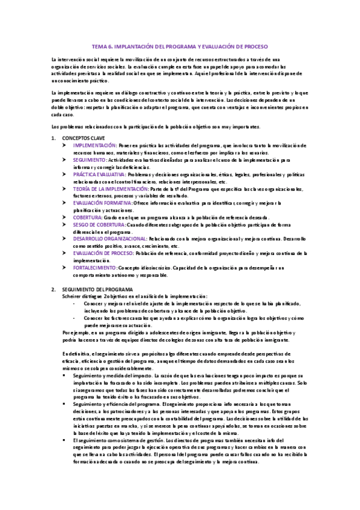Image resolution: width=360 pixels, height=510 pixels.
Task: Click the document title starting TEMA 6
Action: pyautogui.click(x=180, y=46)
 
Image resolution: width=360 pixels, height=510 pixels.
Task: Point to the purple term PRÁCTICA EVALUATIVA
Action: pyautogui.click(x=100, y=174)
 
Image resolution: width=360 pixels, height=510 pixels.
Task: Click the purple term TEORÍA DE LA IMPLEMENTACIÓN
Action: pyautogui.click(x=113, y=188)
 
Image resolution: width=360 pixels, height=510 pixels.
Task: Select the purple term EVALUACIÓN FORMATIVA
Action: pyautogui.click(x=103, y=203)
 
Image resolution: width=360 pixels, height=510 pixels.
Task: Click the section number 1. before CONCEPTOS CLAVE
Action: pyautogui.click(x=53, y=138)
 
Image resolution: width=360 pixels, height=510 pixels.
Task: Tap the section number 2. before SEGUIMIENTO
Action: pyautogui.click(x=53, y=289)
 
